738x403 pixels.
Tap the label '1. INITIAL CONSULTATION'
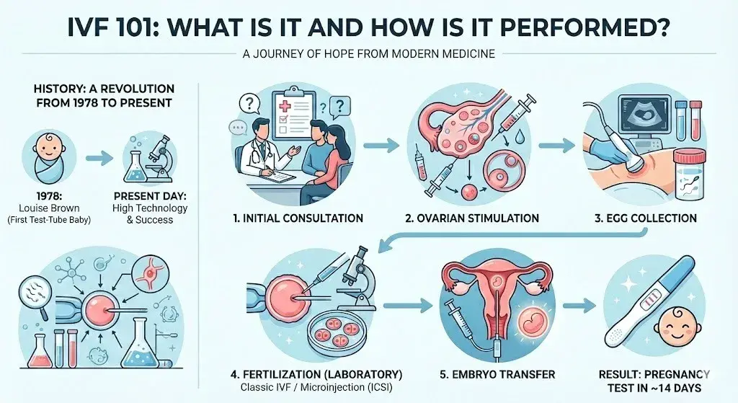pyautogui.click(x=297, y=218)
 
